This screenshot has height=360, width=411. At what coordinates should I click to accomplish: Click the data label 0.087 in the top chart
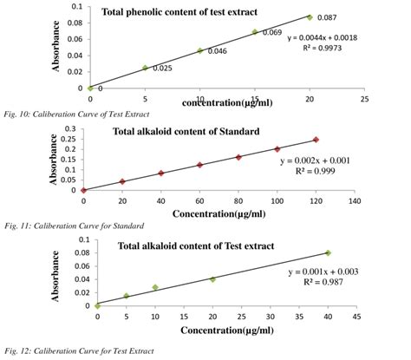[x=327, y=18]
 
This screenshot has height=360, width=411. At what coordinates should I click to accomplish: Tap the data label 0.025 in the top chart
[x=162, y=68]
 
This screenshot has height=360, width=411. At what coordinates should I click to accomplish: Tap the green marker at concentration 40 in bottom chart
[x=328, y=252]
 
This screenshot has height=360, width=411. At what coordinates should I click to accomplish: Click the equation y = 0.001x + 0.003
[x=338, y=272]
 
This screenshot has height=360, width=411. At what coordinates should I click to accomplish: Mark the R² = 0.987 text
[x=338, y=283]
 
